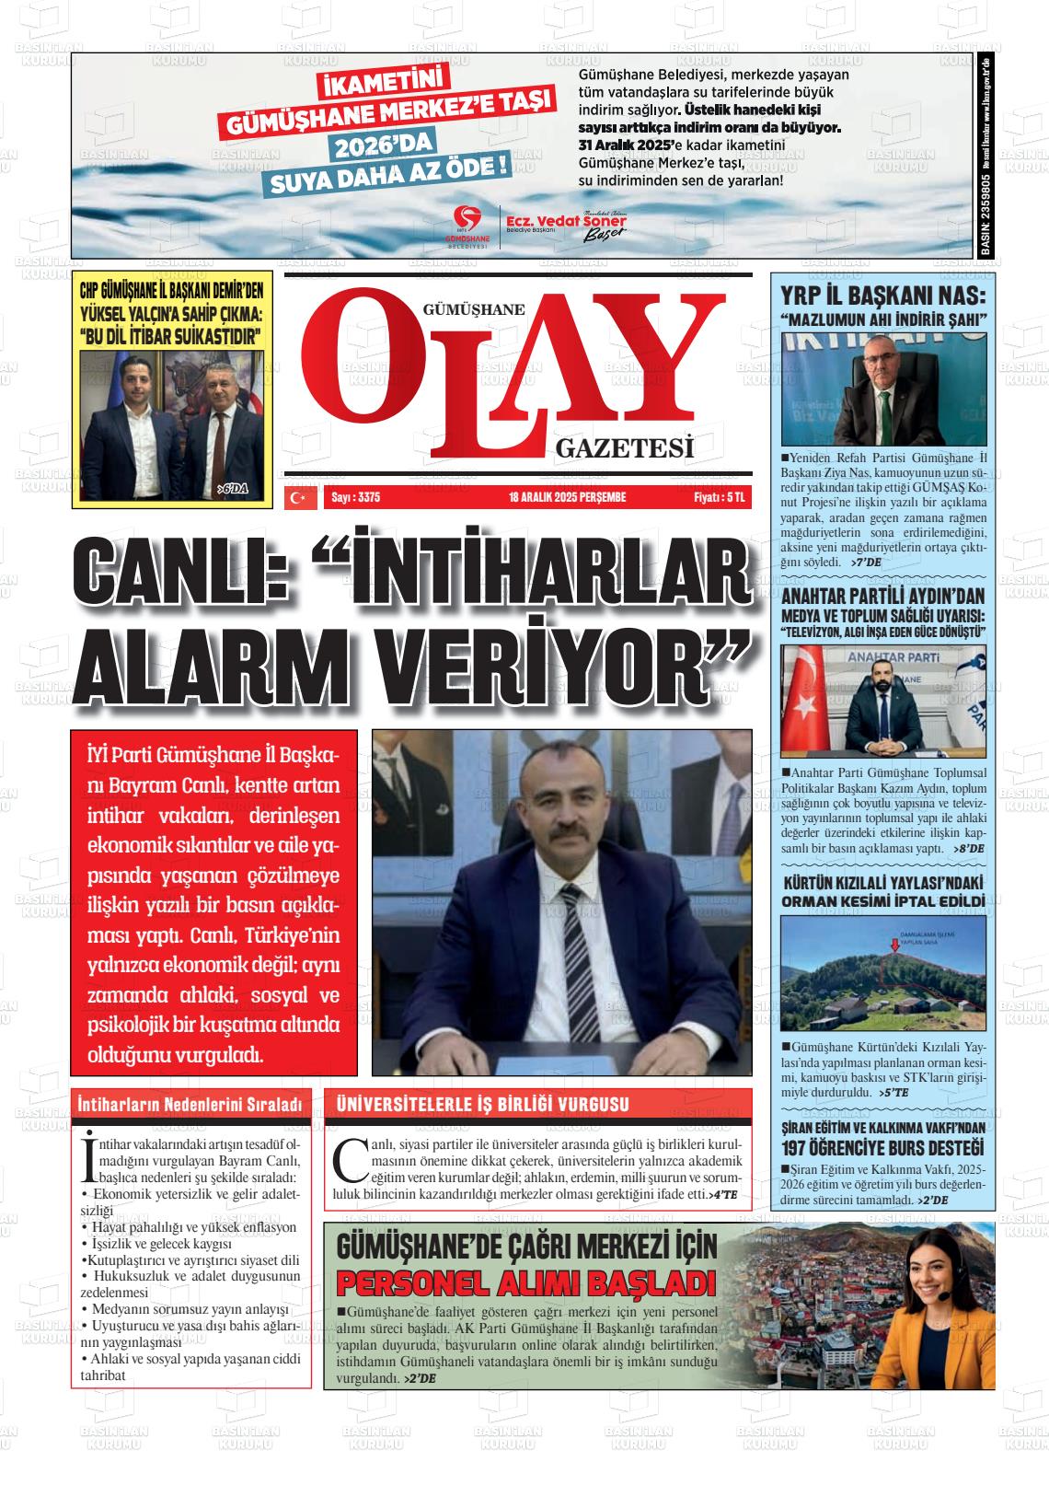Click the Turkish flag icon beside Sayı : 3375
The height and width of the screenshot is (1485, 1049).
tap(297, 498)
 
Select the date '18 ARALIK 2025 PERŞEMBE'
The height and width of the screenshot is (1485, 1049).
tap(567, 498)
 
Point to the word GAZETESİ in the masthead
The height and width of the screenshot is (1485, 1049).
tap(624, 449)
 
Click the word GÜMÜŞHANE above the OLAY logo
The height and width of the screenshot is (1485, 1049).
tap(473, 310)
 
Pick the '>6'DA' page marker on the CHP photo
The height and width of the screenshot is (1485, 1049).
tap(234, 489)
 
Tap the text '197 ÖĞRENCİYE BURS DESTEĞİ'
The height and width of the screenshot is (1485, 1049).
tap(882, 1147)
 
